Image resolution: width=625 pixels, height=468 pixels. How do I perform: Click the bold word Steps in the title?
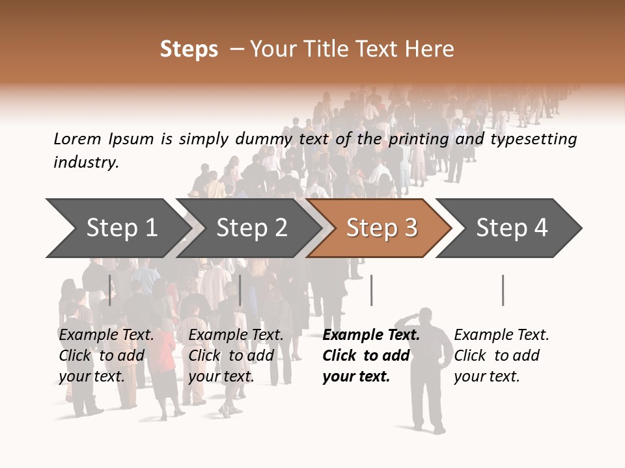coord(189,49)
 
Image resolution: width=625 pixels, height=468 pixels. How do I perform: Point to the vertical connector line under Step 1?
coord(110,290)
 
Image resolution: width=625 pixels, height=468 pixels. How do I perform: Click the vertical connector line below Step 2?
coord(240,290)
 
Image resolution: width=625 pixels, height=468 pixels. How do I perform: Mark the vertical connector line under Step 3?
coord(371,290)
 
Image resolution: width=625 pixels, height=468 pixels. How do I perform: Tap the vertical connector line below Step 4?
coord(503,290)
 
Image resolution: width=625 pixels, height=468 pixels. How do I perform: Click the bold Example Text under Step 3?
coord(371,335)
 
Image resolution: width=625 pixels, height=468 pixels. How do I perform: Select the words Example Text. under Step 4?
coord(501,335)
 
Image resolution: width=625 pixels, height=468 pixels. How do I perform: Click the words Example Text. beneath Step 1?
coord(106,335)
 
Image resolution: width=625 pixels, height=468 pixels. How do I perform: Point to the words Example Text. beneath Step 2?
coord(236,335)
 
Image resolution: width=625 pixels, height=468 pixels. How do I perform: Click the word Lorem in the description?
coord(77,139)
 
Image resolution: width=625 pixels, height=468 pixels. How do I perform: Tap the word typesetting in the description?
coord(533,139)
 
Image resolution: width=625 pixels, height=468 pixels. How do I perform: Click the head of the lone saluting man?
coord(426,316)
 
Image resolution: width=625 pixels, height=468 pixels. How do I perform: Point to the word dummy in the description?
coord(264,139)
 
